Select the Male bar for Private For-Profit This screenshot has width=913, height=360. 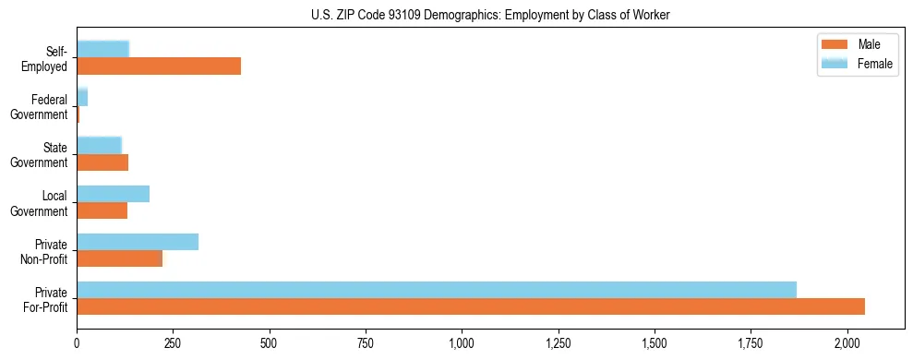coord(471,306)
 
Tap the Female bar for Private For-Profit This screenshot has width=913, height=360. coord(437,290)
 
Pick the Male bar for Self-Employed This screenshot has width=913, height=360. coord(159,66)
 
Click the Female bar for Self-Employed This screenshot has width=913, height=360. coord(102,50)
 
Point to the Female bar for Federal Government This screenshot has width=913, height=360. coord(82,98)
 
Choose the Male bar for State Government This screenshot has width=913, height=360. coord(102,162)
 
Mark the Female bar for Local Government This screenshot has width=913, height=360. coord(113,194)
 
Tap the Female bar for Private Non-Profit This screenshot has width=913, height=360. coord(138,242)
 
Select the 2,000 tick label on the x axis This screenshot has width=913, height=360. coord(847,343)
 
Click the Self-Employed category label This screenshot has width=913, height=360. coord(46,58)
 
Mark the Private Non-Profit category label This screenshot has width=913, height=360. coord(45,250)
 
